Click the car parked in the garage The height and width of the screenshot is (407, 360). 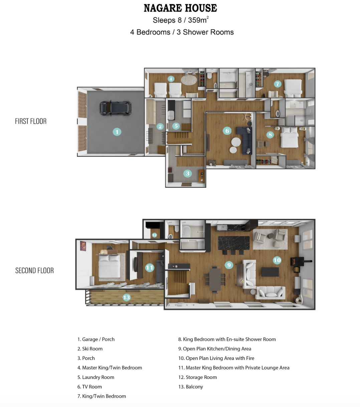[x=115, y=108]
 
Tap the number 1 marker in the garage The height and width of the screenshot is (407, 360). [x=117, y=132]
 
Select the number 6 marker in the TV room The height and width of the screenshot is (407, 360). [x=227, y=131]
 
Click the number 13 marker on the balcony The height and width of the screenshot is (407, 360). [x=127, y=297]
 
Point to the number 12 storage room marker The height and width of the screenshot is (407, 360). [x=154, y=235]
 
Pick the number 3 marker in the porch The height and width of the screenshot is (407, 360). [x=187, y=173]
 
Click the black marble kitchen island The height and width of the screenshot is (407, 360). [x=234, y=243]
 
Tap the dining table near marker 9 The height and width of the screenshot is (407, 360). [x=215, y=280]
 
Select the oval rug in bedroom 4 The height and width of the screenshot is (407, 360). [x=189, y=80]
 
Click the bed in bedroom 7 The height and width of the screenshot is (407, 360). [x=293, y=88]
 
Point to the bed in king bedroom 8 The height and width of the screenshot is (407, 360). [x=290, y=137]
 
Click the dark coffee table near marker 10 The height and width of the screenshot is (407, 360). [x=270, y=272]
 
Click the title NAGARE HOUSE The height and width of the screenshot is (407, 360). [x=180, y=8]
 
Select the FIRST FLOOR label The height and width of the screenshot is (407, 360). [x=31, y=121]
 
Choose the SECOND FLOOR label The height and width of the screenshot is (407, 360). [x=35, y=271]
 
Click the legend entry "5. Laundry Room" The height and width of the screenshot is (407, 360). [x=96, y=377]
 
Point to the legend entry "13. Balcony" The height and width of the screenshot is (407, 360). [x=191, y=387]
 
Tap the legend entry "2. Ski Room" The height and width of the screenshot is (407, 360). [x=90, y=349]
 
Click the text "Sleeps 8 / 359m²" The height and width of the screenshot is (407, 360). [x=181, y=20]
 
